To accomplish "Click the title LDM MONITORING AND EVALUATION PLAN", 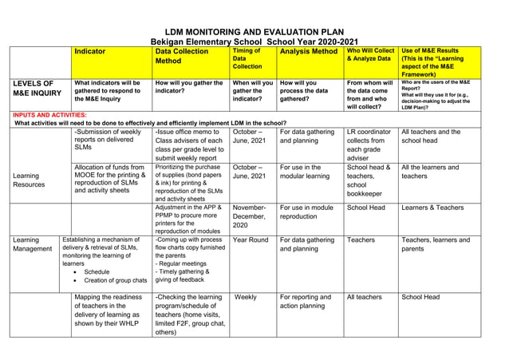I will coord(254,31).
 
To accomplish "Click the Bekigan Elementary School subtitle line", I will coord(254,42).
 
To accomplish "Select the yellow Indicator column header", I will coord(89,51).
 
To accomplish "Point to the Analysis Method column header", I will coord(308,51).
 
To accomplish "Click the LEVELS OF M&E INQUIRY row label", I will coord(35,88).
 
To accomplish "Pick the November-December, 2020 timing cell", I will coord(254,216).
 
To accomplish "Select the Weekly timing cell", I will coord(246,297).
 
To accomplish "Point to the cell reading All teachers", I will coord(364,297).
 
